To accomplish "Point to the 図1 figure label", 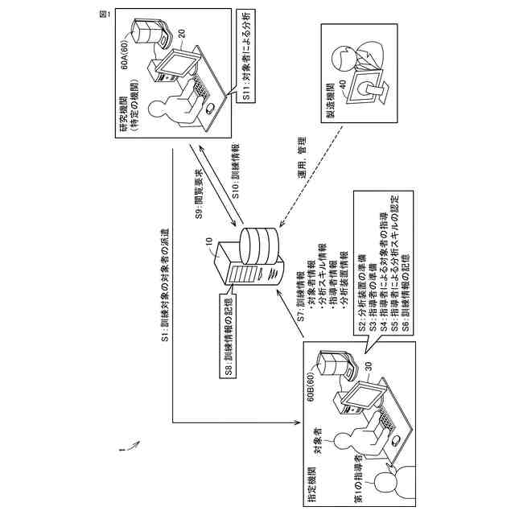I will point(100,19).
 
